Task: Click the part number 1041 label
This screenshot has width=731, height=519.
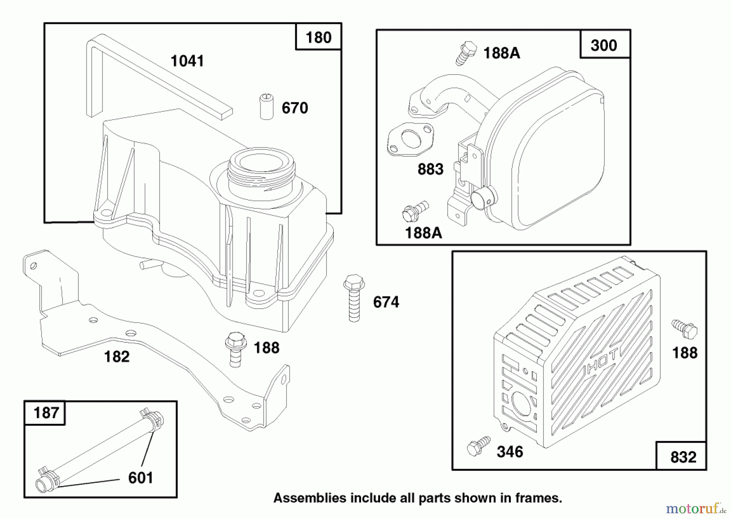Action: tap(187, 61)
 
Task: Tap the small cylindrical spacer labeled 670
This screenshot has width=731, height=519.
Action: tap(266, 107)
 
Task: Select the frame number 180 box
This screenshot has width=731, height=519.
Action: tap(318, 37)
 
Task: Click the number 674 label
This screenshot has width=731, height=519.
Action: tap(386, 303)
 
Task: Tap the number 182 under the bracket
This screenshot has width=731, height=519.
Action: tap(117, 357)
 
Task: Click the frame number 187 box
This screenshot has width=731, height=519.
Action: tap(45, 413)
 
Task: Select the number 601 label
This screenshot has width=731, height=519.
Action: tap(141, 478)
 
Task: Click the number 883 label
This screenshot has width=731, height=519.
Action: tap(430, 169)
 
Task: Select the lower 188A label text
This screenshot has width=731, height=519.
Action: tap(424, 233)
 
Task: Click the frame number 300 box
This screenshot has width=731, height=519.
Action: tap(604, 45)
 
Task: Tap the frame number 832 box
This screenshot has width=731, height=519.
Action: tap(683, 457)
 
